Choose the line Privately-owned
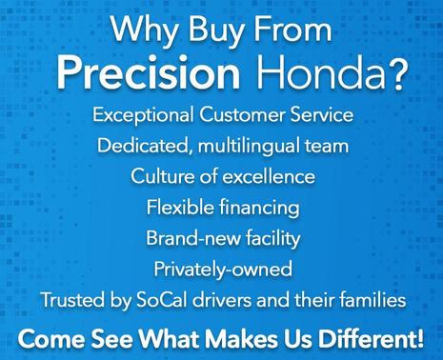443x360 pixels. click(x=222, y=269)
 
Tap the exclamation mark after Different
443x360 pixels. click(x=419, y=336)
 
